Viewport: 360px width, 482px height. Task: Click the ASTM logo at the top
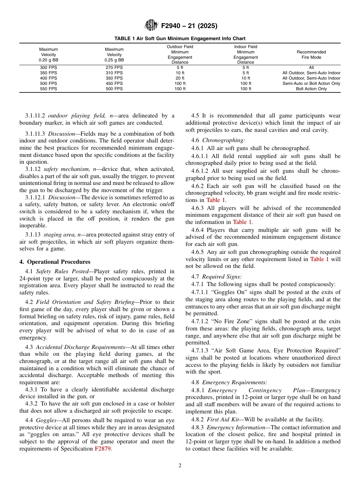[x=151, y=26]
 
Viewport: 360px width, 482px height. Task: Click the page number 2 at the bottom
[x=180, y=466]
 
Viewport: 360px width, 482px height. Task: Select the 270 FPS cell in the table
[x=114, y=67]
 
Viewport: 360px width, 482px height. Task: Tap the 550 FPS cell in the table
[x=49, y=89]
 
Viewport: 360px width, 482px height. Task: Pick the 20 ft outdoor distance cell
[x=180, y=78]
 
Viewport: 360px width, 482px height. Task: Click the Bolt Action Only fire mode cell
[x=311, y=89]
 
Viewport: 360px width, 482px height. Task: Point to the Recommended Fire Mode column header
[x=311, y=55]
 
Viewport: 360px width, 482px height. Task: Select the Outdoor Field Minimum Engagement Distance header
[x=180, y=55]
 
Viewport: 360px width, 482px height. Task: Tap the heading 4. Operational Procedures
[x=55, y=262]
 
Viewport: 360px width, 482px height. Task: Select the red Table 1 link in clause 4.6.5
[x=319, y=259]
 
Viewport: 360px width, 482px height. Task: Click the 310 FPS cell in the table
[x=114, y=73]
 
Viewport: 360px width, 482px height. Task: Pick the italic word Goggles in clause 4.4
[x=45, y=420]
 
